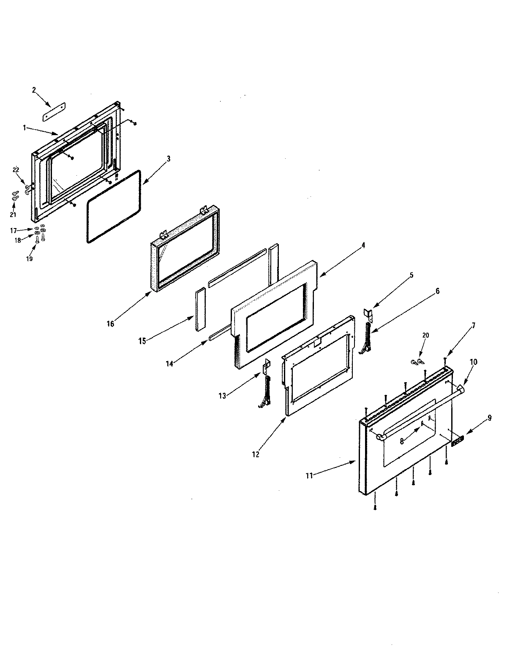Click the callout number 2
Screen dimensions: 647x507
click(34, 90)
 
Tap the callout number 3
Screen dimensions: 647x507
click(168, 159)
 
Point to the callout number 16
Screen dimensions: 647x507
click(110, 324)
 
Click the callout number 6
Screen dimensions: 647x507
click(437, 291)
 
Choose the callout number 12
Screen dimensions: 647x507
click(255, 454)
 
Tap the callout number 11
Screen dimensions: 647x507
click(309, 476)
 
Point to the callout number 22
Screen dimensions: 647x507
click(16, 170)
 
